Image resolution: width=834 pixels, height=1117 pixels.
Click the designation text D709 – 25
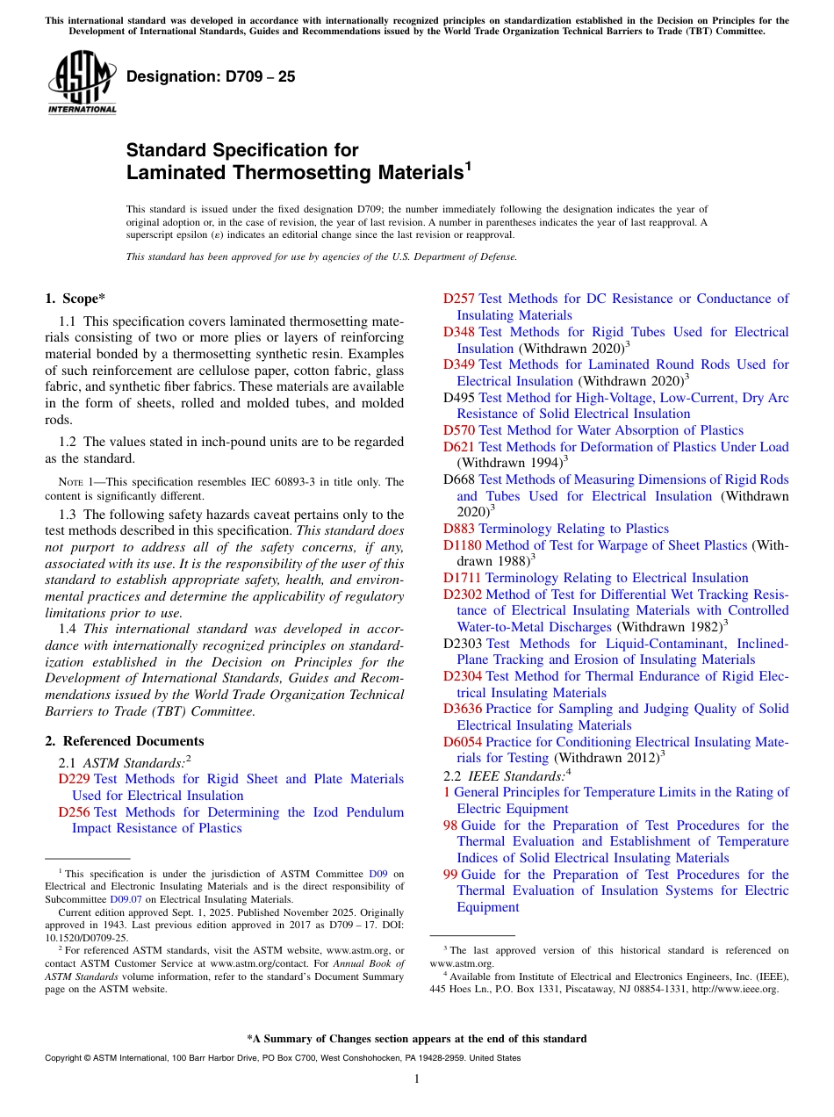click(211, 77)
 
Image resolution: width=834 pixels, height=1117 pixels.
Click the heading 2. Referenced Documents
click(125, 741)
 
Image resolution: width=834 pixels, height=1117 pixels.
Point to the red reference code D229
click(74, 779)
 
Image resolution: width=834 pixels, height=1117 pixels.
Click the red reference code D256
click(74, 812)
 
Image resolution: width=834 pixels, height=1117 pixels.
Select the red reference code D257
click(459, 299)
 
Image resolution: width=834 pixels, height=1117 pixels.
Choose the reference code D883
click(459, 529)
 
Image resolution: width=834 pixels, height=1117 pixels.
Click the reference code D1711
click(462, 578)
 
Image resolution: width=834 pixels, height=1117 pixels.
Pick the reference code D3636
click(462, 709)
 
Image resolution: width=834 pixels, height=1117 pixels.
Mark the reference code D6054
click(462, 742)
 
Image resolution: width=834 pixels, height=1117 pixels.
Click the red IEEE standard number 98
click(450, 825)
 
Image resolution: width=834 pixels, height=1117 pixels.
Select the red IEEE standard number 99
click(450, 875)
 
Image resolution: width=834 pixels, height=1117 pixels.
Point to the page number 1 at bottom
click(417, 1079)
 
